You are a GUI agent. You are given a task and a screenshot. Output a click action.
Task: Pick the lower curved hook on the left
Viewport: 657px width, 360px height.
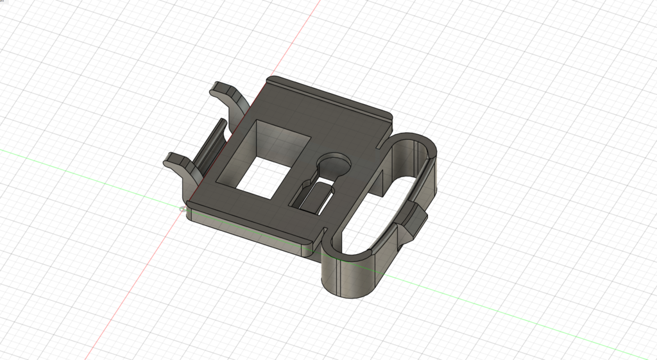[180, 164]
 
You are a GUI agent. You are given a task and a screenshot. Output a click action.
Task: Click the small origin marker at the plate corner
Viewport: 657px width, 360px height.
[182, 208]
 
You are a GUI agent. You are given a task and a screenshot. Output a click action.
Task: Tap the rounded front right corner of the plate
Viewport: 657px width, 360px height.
[307, 247]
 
